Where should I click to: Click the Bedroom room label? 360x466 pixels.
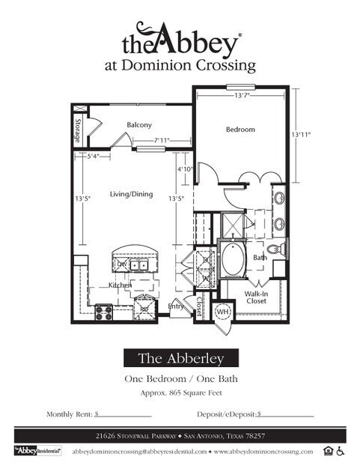240,130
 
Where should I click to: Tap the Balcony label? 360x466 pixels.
139,124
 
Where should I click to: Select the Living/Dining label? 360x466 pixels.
131,194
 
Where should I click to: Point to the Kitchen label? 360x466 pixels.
120,285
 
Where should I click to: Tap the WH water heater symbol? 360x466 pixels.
222,310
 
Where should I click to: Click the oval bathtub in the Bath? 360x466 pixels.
234,260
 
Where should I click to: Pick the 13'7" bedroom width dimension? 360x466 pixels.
241,96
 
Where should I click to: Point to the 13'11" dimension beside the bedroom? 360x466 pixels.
301,134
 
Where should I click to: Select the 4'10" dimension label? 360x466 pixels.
185,169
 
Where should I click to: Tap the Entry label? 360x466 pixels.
176,306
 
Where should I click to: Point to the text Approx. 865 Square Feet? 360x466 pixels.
180,393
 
